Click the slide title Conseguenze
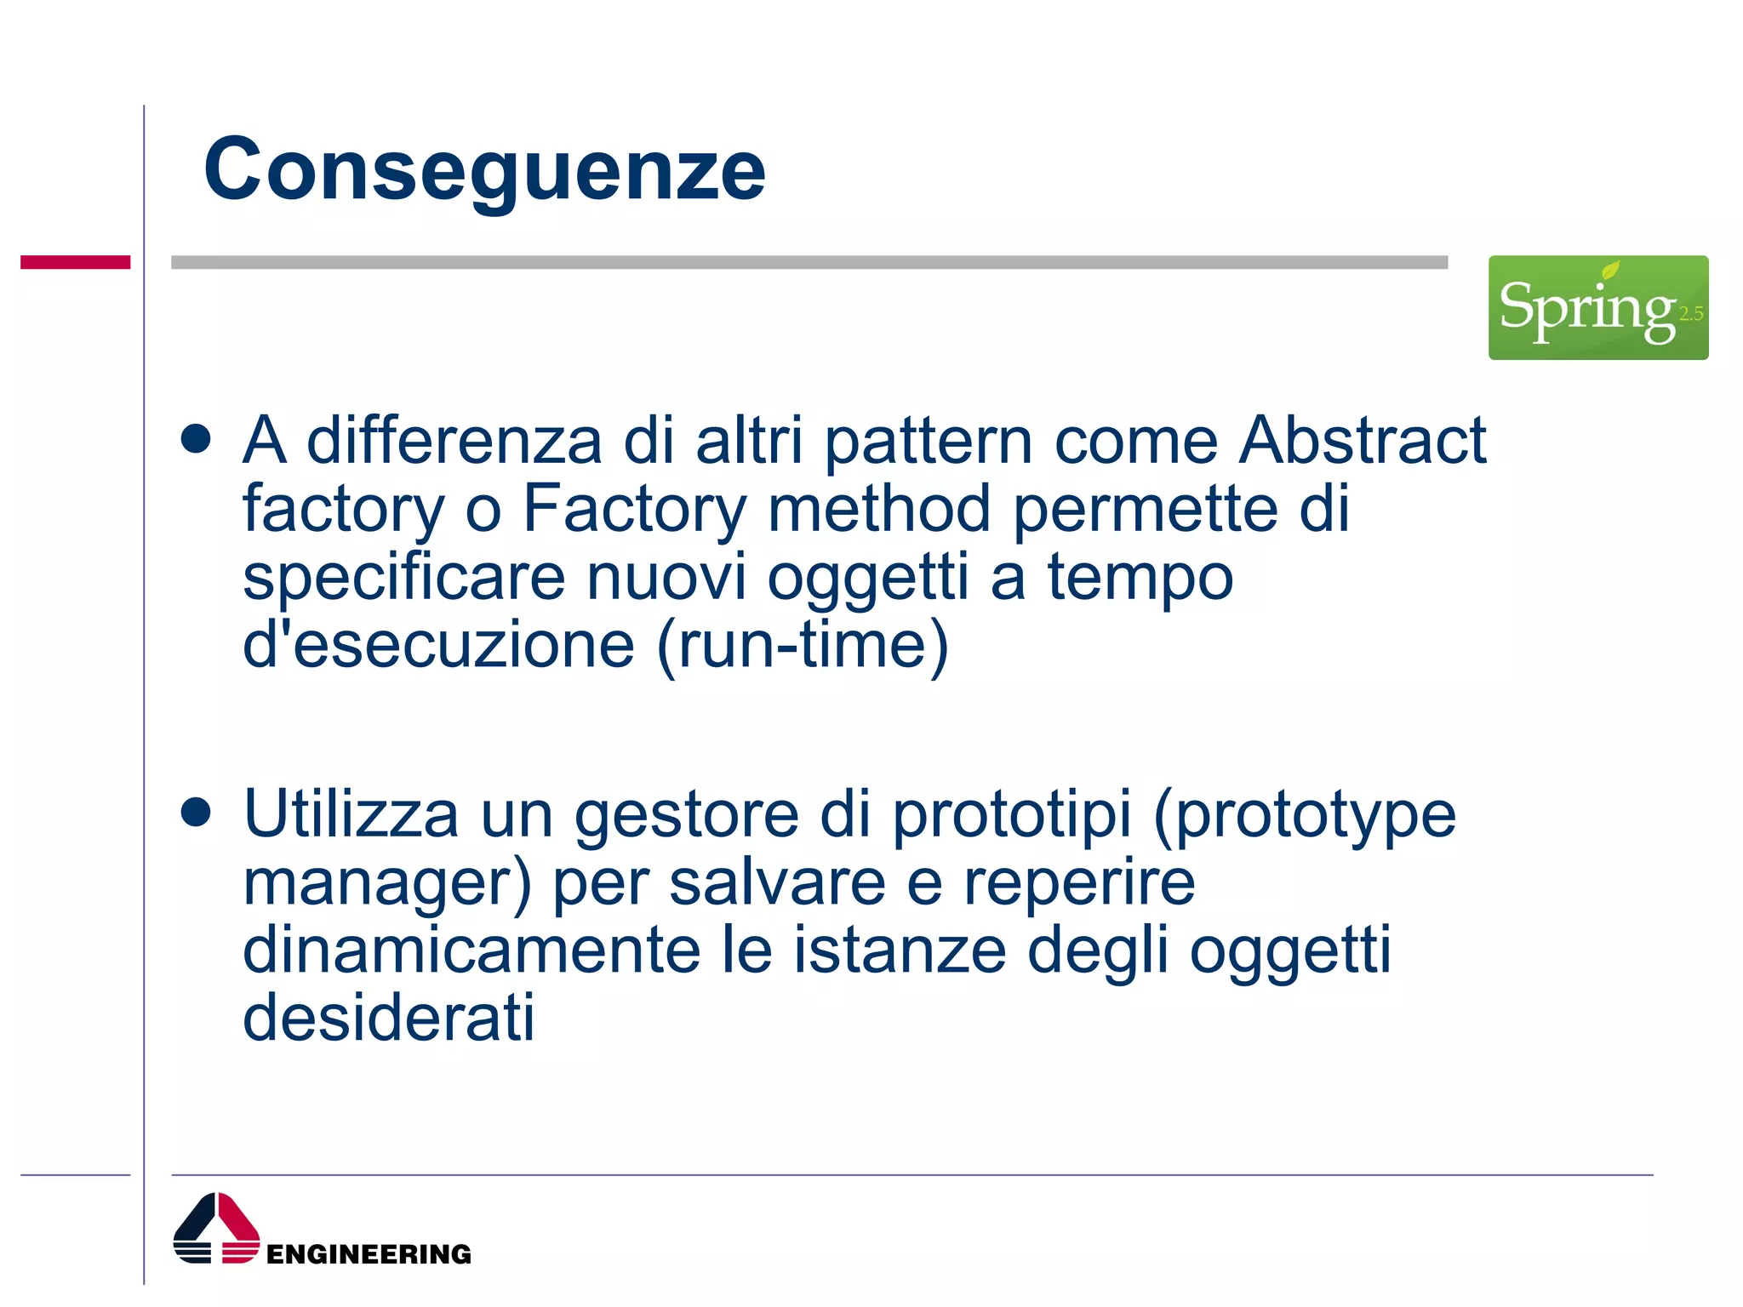(484, 170)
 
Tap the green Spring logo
(1597, 307)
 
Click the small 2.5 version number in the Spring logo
(1690, 314)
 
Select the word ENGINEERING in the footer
(369, 1254)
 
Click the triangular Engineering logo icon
(216, 1228)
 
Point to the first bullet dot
(196, 439)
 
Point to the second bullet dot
(196, 812)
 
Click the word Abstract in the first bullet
(1362, 441)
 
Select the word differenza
(454, 441)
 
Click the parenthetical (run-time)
(803, 645)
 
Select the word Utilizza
(351, 814)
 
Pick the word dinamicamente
(471, 950)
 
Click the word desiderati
(389, 1018)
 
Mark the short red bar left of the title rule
(75, 262)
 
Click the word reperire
(1079, 883)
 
